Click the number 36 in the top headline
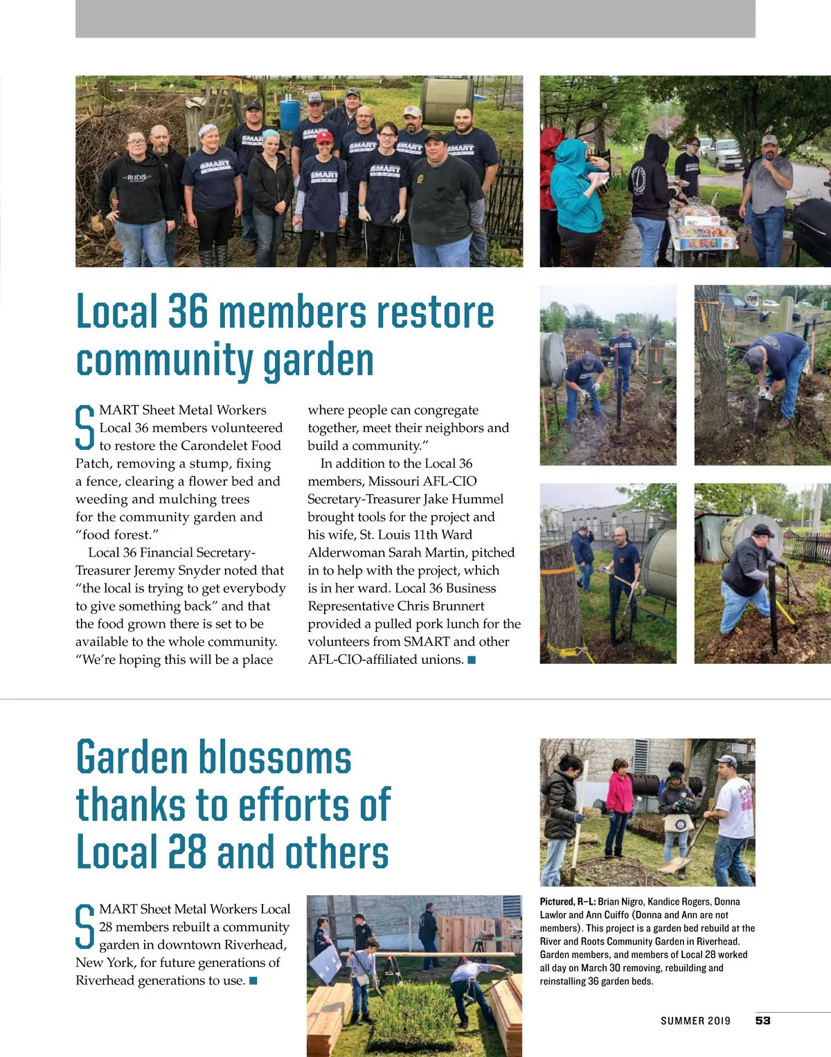188,311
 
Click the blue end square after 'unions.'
472,660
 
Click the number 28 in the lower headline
187,851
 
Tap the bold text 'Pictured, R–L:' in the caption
567,902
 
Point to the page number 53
762,1020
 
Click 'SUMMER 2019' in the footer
695,1021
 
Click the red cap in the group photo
324,137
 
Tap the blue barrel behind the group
289,111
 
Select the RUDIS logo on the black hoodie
137,178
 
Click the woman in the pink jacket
619,803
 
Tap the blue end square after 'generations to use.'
253,981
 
